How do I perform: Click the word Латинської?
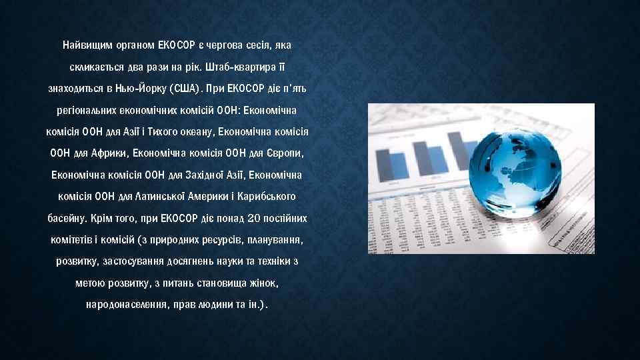click(x=156, y=197)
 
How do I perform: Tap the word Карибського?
click(x=267, y=197)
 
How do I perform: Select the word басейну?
click(x=67, y=218)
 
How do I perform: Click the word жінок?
click(x=265, y=283)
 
